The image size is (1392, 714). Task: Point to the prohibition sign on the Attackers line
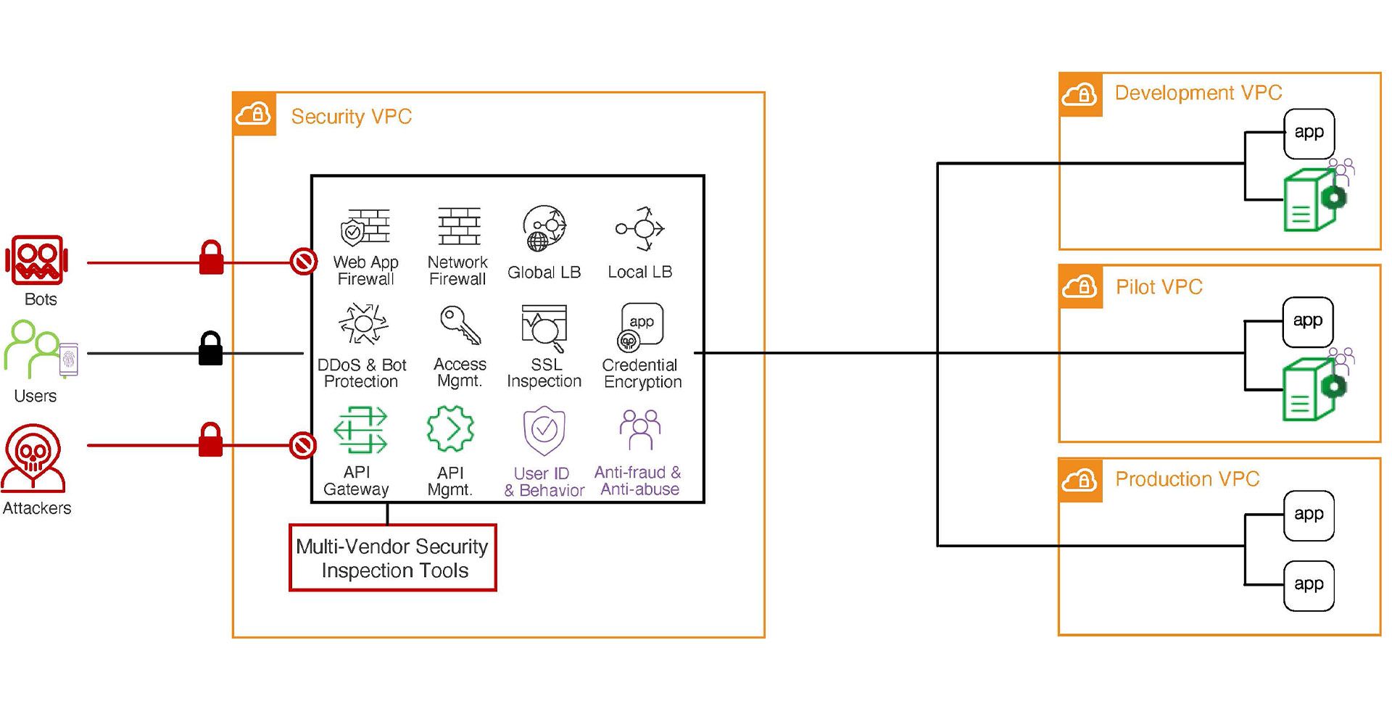(302, 445)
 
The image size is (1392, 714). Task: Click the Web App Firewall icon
(365, 228)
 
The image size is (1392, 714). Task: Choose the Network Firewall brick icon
(459, 226)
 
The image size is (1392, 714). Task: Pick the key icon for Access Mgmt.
(460, 325)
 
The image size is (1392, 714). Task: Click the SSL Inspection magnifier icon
(544, 328)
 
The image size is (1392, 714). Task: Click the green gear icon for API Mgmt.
(450, 430)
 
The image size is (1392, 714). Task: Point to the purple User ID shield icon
(544, 430)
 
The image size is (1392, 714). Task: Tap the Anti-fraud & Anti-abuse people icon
(639, 430)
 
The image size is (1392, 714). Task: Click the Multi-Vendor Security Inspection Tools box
(392, 558)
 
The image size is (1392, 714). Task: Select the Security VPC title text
(351, 117)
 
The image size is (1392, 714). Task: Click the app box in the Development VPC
(1309, 133)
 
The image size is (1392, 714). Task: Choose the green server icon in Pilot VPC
(1309, 389)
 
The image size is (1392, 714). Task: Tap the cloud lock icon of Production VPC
(1080, 480)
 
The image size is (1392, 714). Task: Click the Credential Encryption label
(642, 373)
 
